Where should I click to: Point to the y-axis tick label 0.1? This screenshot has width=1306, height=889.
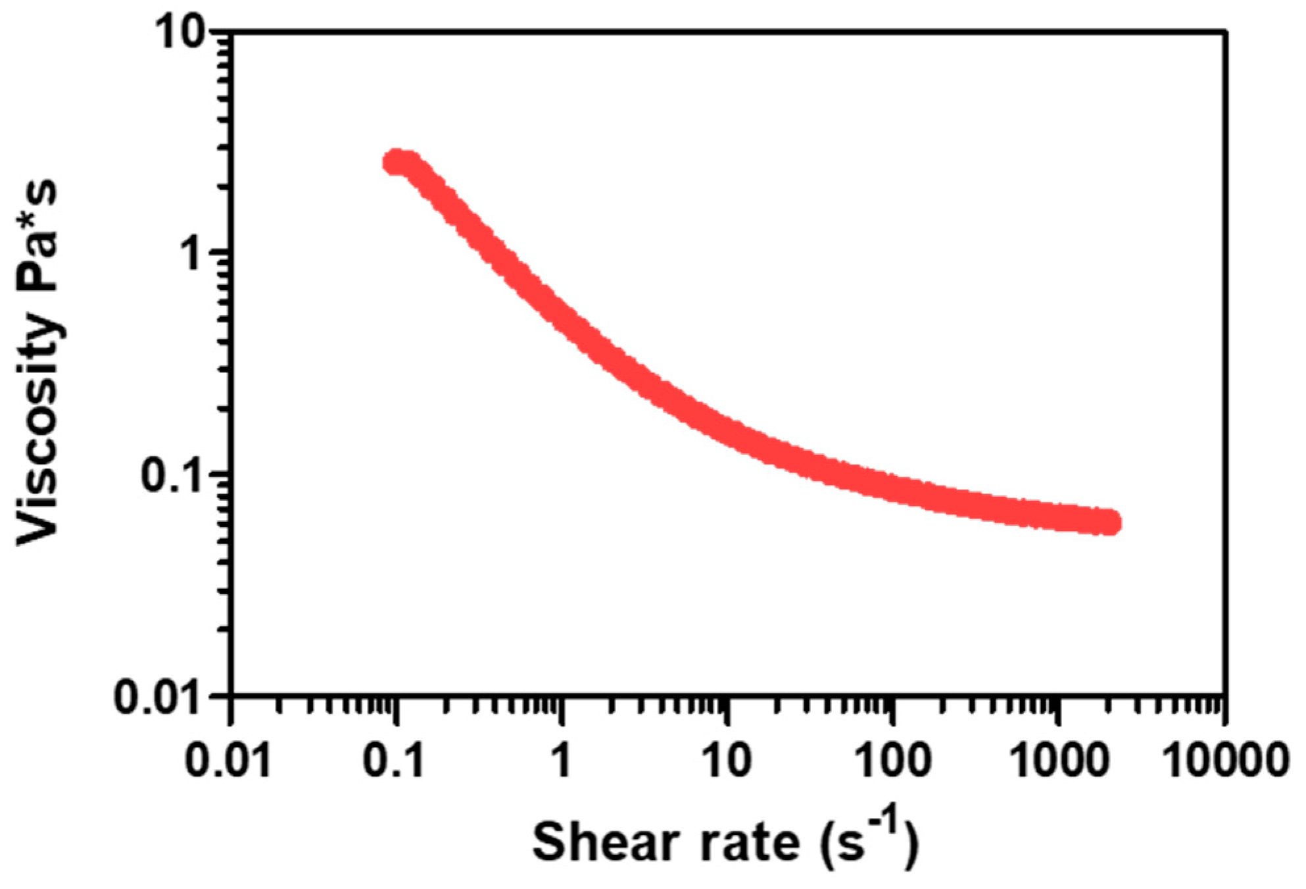click(x=172, y=475)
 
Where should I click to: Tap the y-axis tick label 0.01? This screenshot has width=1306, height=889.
click(x=158, y=698)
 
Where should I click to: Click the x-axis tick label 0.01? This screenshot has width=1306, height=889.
click(x=228, y=761)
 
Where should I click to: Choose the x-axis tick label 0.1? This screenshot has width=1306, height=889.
click(x=394, y=761)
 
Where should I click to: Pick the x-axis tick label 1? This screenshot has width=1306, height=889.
click(x=560, y=761)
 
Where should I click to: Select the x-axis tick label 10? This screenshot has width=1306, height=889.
click(x=726, y=761)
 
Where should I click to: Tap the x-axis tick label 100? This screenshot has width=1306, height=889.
click(x=892, y=761)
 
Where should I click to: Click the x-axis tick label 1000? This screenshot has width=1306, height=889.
click(x=1058, y=761)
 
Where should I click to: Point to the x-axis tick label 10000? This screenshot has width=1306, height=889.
click(x=1224, y=761)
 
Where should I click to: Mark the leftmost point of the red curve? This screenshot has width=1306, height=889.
click(x=394, y=162)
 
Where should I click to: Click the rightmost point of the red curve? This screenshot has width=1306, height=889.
click(x=1110, y=522)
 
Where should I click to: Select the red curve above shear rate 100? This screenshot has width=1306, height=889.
click(x=892, y=488)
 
